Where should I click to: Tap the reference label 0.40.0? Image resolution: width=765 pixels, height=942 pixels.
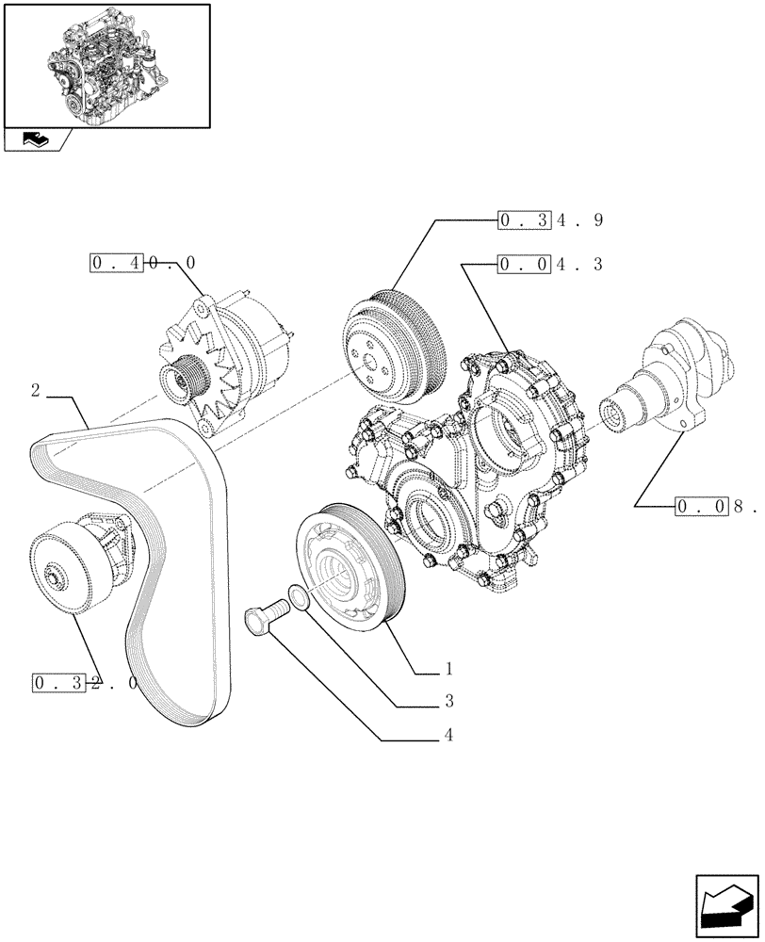[x=143, y=264]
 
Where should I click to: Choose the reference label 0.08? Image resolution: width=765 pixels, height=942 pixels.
[x=716, y=507]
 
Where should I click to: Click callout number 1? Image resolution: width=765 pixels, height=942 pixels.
[x=449, y=670]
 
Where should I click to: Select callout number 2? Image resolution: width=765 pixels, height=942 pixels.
[x=35, y=391]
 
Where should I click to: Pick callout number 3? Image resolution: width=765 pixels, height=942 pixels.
[x=449, y=702]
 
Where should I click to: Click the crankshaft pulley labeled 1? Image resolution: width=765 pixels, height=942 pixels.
[x=349, y=570]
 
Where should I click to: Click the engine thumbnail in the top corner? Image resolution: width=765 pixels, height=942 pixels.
[x=106, y=65]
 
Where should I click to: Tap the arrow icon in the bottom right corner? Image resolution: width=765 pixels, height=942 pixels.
[x=726, y=905]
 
